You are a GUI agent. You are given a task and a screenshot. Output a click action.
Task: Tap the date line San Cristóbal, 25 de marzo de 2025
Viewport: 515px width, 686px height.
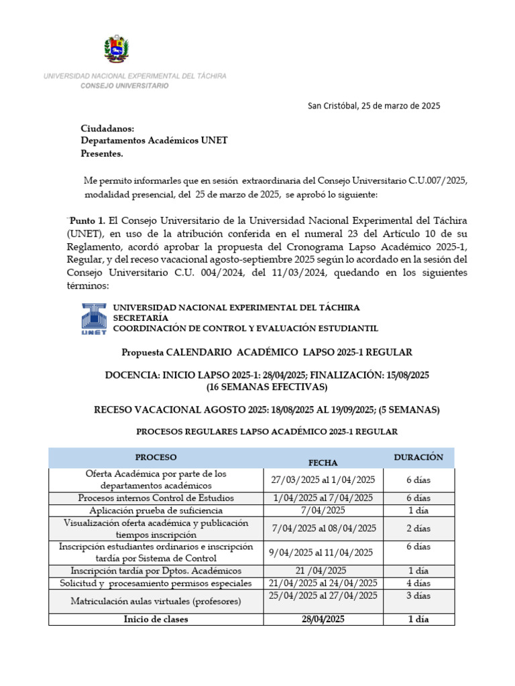pyautogui.click(x=374, y=105)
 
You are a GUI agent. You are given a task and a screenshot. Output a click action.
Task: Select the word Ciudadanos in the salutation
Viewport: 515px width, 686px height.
pyautogui.click(x=107, y=128)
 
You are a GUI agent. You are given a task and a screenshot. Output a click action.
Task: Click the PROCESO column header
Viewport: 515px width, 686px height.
pyautogui.click(x=156, y=457)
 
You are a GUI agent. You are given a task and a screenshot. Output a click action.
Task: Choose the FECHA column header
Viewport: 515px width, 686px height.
pyautogui.click(x=323, y=462)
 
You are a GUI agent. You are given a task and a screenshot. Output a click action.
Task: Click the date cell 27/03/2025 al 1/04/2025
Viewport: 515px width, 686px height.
pyautogui.click(x=323, y=480)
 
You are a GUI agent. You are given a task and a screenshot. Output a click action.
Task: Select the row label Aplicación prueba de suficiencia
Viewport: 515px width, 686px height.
pyautogui.click(x=156, y=510)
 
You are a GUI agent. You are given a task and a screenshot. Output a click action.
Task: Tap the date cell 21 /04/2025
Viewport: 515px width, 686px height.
pyautogui.click(x=323, y=571)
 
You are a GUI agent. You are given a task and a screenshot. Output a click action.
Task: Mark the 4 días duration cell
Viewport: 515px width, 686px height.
pyautogui.click(x=418, y=583)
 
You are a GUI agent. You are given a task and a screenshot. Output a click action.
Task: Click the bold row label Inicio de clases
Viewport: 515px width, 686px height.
pyautogui.click(x=156, y=620)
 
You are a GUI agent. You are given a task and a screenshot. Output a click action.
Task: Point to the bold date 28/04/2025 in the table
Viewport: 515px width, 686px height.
pyautogui.click(x=323, y=620)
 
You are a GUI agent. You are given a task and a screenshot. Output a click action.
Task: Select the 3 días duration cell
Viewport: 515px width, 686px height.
pyautogui.click(x=418, y=596)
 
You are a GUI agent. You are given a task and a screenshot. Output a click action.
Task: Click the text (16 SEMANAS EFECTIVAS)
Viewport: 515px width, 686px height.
pyautogui.click(x=267, y=387)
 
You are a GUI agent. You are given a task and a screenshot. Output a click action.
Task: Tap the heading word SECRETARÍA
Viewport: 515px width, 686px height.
pyautogui.click(x=141, y=318)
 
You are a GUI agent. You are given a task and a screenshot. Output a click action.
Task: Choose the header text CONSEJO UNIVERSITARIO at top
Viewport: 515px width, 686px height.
pyautogui.click(x=125, y=86)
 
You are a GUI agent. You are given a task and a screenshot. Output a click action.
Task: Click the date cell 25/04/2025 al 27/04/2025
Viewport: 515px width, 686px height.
pyautogui.click(x=323, y=596)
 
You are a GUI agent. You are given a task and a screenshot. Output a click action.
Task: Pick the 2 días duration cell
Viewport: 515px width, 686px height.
pyautogui.click(x=418, y=528)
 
